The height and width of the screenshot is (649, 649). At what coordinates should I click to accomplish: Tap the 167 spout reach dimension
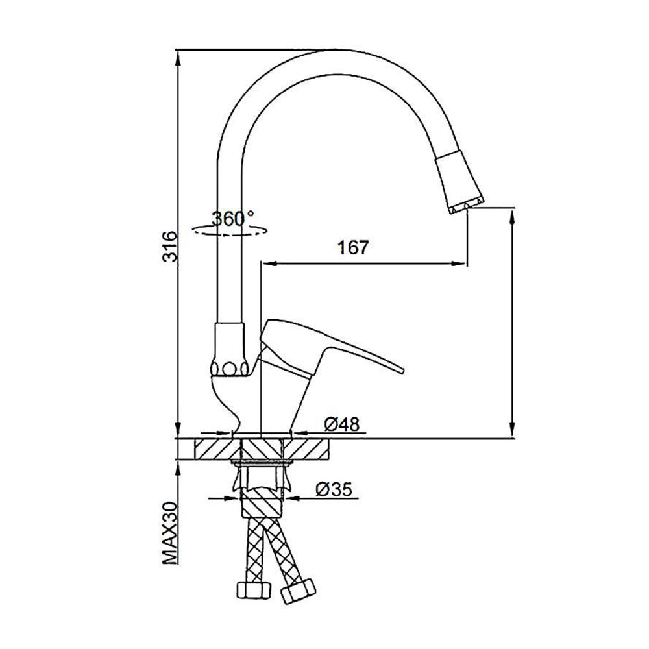(x=353, y=247)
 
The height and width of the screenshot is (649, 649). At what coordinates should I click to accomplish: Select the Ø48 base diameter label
(x=342, y=424)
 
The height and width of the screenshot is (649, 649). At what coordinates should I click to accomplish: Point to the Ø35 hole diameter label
(x=334, y=489)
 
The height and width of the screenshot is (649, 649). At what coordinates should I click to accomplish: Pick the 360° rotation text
(x=233, y=218)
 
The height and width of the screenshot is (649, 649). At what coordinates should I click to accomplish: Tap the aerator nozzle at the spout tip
(x=460, y=182)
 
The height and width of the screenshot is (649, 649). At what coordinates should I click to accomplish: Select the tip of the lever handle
(x=402, y=371)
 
